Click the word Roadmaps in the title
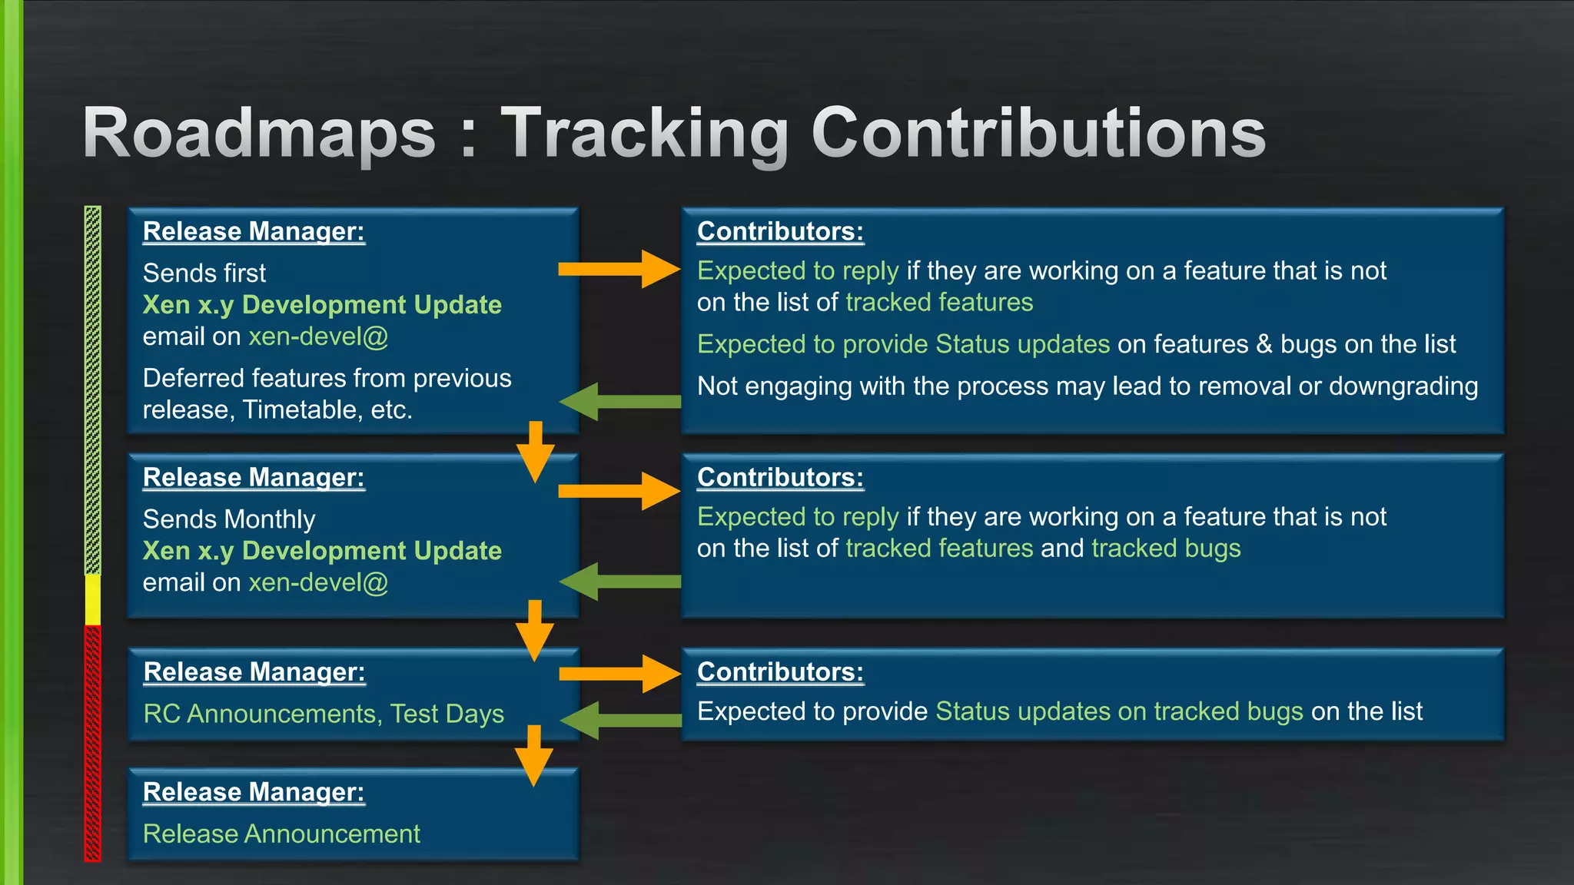(x=260, y=134)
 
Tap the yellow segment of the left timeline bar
(x=92, y=599)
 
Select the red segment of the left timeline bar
(x=92, y=741)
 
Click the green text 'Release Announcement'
(x=281, y=834)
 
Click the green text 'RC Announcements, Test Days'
(x=324, y=714)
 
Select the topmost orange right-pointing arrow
(x=619, y=269)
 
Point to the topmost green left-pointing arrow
(x=619, y=401)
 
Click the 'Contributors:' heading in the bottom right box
(x=780, y=671)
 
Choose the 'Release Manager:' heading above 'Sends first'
(x=254, y=231)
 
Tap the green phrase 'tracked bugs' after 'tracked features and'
(x=1166, y=549)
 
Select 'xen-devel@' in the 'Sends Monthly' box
(x=318, y=582)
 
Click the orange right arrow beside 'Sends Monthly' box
(x=619, y=491)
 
